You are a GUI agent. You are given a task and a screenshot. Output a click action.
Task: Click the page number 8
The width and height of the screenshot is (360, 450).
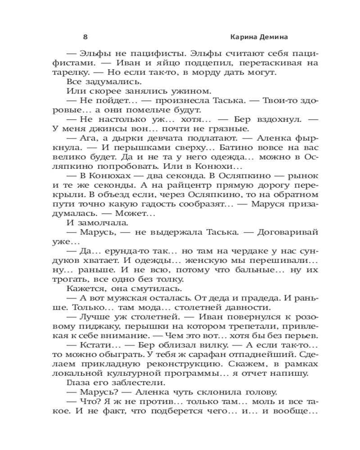point(85,37)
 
